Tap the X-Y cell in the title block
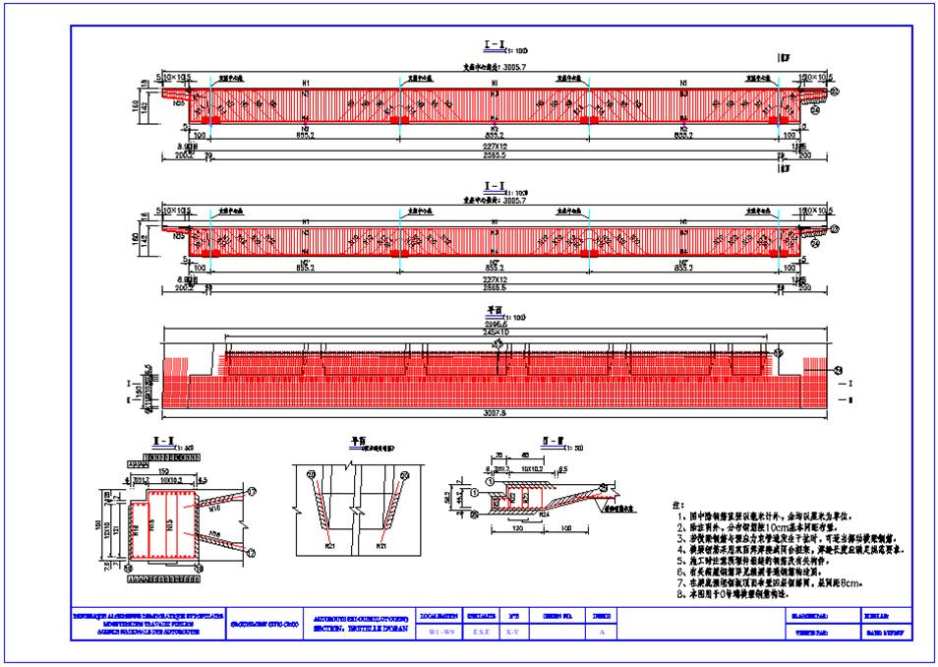pos(511,633)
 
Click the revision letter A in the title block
pos(601,633)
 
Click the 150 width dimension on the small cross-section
pos(161,470)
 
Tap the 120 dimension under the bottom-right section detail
pos(515,528)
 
